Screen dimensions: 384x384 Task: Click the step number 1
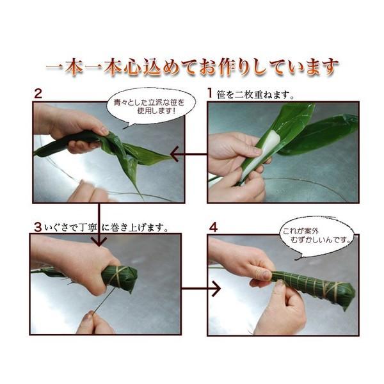tap(209, 93)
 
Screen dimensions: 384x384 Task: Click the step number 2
tap(38, 93)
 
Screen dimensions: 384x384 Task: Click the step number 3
tap(38, 227)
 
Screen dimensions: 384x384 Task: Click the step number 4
tap(213, 227)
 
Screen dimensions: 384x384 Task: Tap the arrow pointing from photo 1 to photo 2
tap(189, 154)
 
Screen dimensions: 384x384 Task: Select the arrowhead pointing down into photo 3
tap(99, 241)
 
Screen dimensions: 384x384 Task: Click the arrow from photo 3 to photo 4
tap(201, 289)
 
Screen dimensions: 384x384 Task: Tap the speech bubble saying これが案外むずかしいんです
tap(317, 236)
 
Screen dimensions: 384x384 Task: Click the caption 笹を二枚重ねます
tap(255, 95)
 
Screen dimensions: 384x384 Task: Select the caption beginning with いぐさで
tap(107, 228)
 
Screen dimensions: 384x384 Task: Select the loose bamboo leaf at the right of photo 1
tap(318, 134)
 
